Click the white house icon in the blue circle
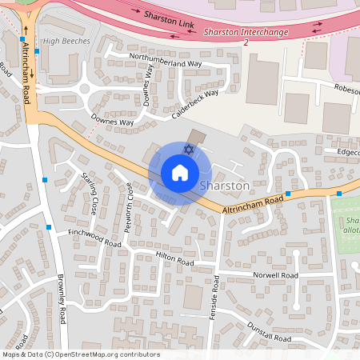(179, 173)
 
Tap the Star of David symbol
(189, 149)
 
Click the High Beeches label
(64, 40)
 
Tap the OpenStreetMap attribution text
(81, 354)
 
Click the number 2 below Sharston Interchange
(246, 42)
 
